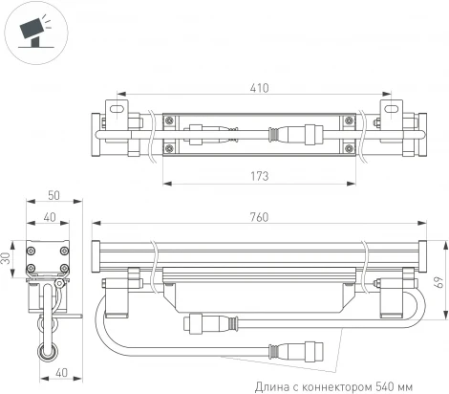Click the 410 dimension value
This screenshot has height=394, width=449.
[259, 87]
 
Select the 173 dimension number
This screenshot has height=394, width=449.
[257, 176]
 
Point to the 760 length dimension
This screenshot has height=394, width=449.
[259, 218]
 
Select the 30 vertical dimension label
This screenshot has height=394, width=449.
[8, 259]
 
